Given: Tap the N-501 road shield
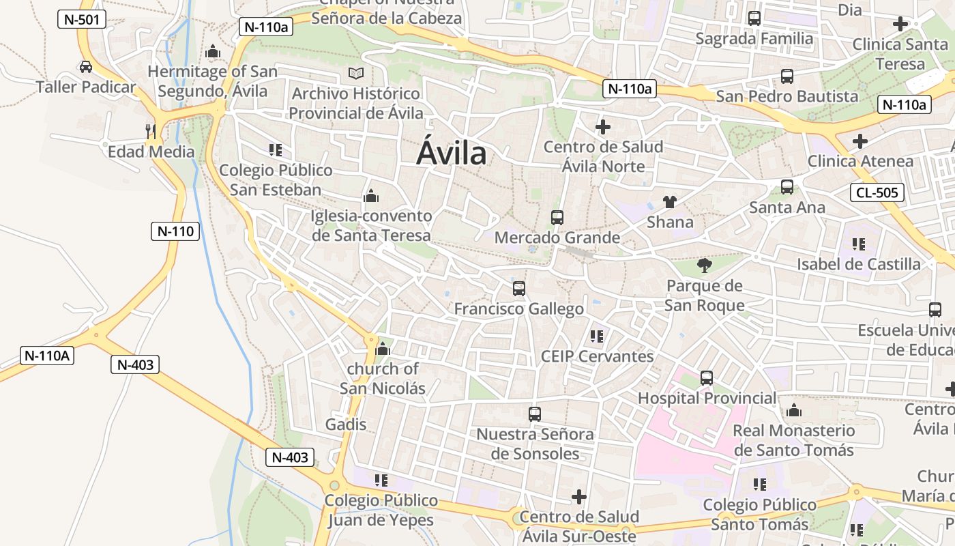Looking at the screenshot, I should click(81, 19).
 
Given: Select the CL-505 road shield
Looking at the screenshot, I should click(877, 192).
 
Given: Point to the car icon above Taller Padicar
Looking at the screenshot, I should click(86, 67).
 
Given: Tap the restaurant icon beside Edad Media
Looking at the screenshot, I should click(151, 130).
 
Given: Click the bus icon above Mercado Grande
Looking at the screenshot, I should click(557, 218).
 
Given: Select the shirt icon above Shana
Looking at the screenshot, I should click(670, 202).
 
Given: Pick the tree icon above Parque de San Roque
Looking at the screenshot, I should click(705, 265).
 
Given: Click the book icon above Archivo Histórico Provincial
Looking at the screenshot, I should click(356, 73).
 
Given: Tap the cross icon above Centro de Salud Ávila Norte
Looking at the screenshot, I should click(603, 127).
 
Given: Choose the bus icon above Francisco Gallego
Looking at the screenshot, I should click(519, 289).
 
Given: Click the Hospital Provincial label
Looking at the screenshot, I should click(707, 398).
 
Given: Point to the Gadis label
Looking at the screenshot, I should click(346, 425).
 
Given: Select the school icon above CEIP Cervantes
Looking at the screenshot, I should click(597, 336).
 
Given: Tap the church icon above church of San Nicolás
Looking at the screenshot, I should click(383, 349).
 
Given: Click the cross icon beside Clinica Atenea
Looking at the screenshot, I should click(860, 141).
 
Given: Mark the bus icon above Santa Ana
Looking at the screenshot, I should click(787, 187).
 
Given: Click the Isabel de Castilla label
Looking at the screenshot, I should click(859, 264).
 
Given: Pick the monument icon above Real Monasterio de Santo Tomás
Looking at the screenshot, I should click(793, 411).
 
